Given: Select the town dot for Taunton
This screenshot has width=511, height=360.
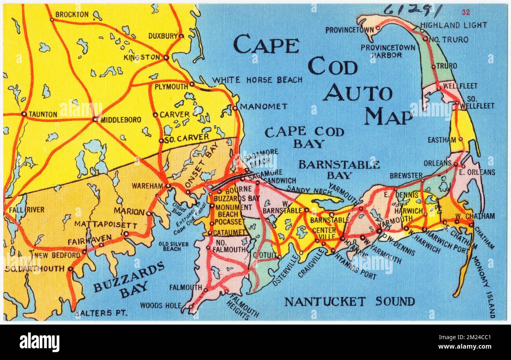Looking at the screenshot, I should coord(24,114).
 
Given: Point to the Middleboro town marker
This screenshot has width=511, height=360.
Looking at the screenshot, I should coord(95,119).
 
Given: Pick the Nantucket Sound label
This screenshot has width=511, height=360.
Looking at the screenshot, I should coord(349,302).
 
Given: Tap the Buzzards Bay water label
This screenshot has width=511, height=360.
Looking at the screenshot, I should coord(129,279).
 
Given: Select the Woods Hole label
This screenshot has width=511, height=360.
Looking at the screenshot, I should coord(161,305).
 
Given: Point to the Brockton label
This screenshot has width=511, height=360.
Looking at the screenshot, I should coord(72,15).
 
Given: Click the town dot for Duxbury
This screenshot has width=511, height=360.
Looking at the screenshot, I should coord(181,36).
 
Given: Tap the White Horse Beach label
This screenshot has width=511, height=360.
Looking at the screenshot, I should coord(257,80).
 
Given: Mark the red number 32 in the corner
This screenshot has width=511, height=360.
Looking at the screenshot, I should coord(466,12).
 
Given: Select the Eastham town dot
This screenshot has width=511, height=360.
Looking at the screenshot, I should coord(460,139).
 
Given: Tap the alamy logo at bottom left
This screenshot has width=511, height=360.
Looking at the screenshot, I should coord(39,342).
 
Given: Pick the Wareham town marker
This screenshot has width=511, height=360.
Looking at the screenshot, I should coord(168,186).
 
